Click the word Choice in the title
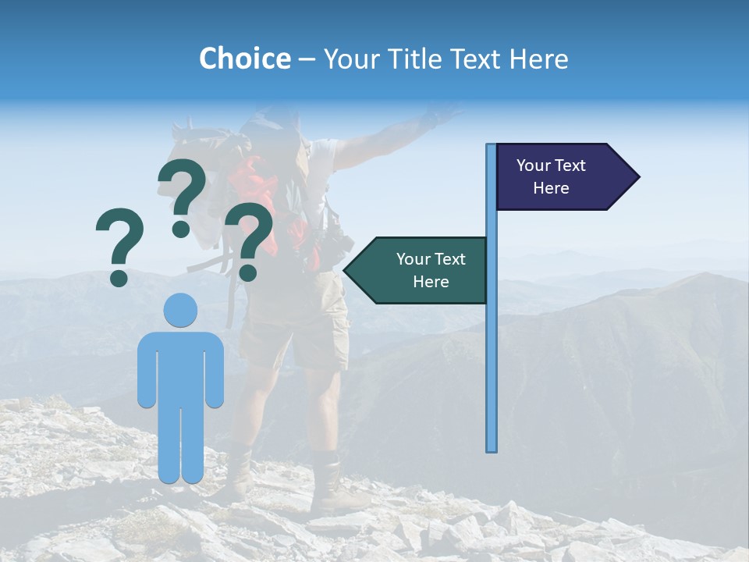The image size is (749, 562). pos(244,59)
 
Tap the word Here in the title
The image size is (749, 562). pos(538,59)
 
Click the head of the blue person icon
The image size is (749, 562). pos(181,310)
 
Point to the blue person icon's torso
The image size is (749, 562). pos(181,367)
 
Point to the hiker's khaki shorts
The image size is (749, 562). pos(293,328)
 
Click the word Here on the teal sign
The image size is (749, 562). pos(431,282)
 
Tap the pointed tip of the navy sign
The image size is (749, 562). pos(635,177)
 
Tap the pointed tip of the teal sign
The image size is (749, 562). pos(348,270)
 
